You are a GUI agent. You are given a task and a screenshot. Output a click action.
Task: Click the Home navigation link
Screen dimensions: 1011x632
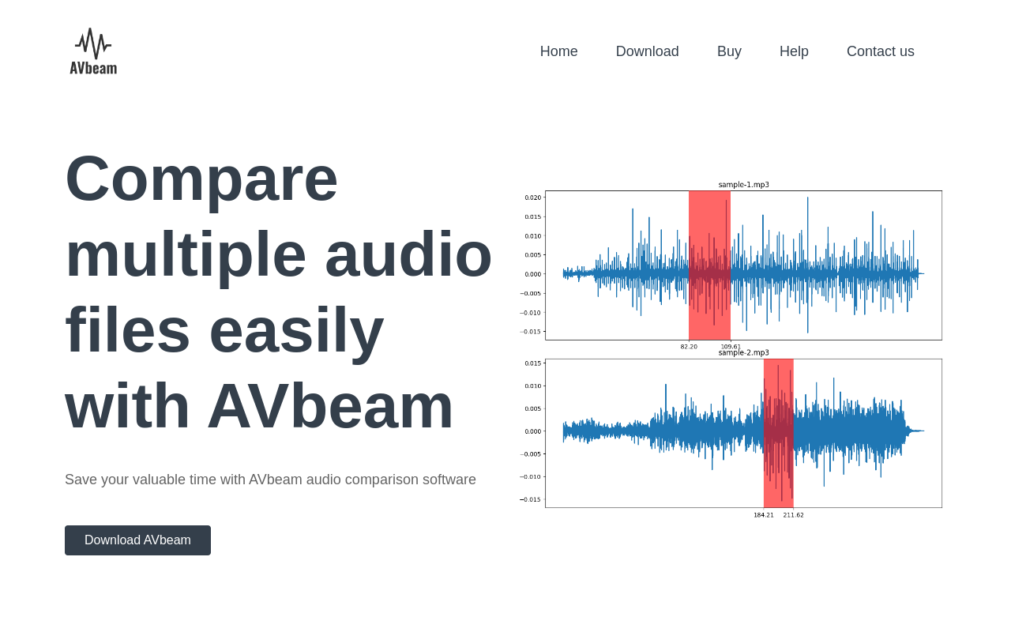click(x=558, y=51)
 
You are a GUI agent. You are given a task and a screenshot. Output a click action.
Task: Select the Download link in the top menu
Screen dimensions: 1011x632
click(x=647, y=51)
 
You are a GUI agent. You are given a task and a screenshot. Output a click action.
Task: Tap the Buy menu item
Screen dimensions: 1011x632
click(x=729, y=52)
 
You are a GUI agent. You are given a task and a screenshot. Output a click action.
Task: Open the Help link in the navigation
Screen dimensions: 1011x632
click(x=794, y=52)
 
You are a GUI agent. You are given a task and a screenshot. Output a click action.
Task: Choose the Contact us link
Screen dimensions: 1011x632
click(x=880, y=51)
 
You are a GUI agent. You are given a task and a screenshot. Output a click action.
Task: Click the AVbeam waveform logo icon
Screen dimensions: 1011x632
click(x=93, y=43)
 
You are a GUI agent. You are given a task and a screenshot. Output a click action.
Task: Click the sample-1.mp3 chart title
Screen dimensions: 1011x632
click(x=743, y=185)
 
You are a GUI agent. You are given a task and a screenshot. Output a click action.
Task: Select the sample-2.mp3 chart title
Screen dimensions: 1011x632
click(x=743, y=352)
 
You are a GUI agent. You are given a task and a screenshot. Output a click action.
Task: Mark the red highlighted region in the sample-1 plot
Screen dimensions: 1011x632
click(x=709, y=265)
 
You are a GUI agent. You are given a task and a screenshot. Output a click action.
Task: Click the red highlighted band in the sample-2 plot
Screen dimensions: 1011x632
click(x=779, y=434)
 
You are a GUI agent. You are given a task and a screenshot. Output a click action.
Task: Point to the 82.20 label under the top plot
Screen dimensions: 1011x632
click(x=689, y=347)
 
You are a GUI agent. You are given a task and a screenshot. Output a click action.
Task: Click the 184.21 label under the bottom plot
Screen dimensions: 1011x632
click(x=764, y=515)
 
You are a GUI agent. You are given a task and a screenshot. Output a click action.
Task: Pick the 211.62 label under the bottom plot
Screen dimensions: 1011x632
click(x=794, y=515)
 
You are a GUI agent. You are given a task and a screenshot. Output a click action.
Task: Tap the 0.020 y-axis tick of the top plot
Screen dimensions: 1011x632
click(x=532, y=197)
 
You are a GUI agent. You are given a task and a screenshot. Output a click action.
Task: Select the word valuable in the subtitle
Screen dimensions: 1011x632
click(x=159, y=480)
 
